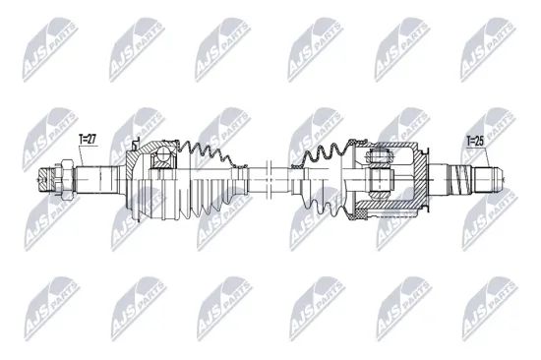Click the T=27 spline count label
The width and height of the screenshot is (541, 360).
coord(88,139)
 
